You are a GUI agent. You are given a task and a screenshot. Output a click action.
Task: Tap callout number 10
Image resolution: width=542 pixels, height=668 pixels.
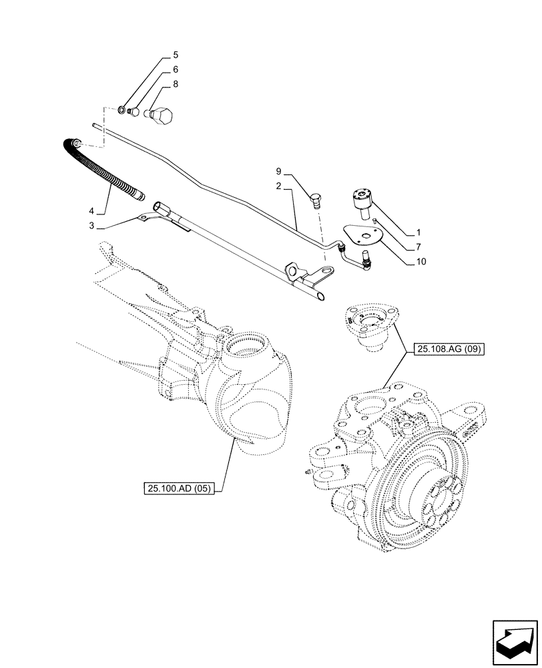[421, 262]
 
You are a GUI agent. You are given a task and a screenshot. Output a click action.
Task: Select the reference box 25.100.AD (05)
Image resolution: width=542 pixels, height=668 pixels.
[177, 488]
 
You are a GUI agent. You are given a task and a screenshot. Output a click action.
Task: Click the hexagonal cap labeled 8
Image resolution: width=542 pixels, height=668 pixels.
[163, 116]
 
